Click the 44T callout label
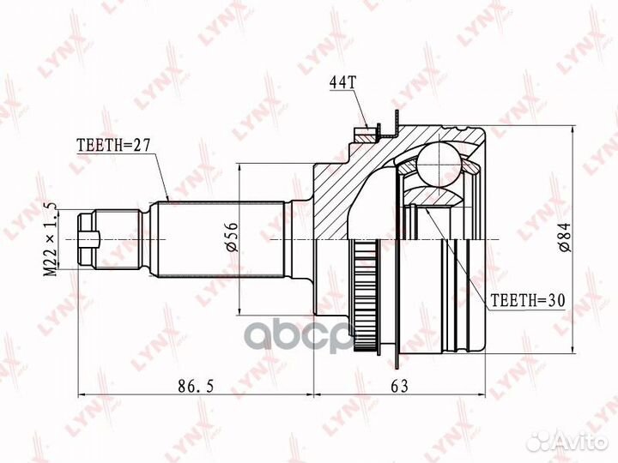(x=342, y=82)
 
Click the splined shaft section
(x=219, y=239)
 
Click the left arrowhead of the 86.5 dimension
(x=81, y=395)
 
